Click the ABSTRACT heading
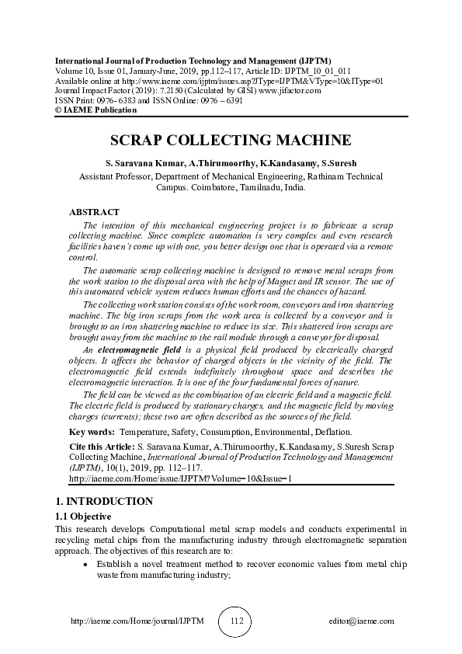pos(94,212)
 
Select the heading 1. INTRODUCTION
pos(103,501)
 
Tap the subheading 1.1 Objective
pos(83,517)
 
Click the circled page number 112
pos(238,621)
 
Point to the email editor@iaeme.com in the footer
pos(362,621)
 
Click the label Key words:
pos(92,431)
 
